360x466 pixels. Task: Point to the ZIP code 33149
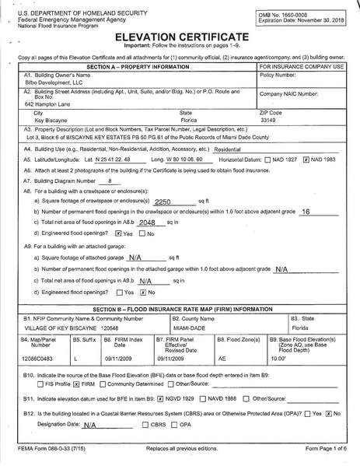coord(268,121)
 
